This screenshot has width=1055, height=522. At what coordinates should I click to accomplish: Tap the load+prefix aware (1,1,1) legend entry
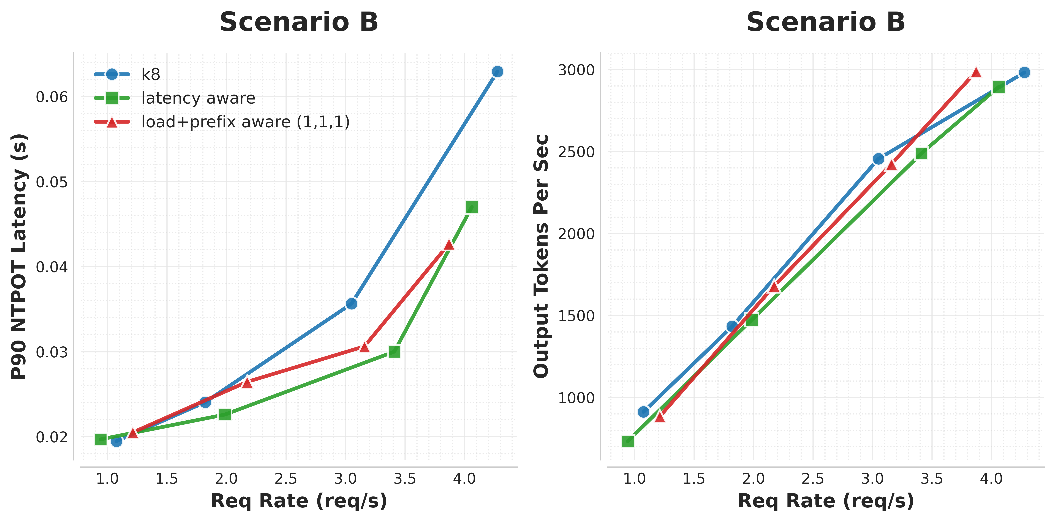point(245,122)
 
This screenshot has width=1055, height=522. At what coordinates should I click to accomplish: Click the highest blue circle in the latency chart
point(497,72)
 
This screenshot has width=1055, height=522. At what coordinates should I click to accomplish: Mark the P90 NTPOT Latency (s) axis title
point(19,256)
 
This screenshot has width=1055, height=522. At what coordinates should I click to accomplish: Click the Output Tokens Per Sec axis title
point(541,256)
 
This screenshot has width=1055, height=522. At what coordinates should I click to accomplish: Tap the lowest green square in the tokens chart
point(628,441)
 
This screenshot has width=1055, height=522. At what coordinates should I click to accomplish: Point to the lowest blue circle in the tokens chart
point(643,411)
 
